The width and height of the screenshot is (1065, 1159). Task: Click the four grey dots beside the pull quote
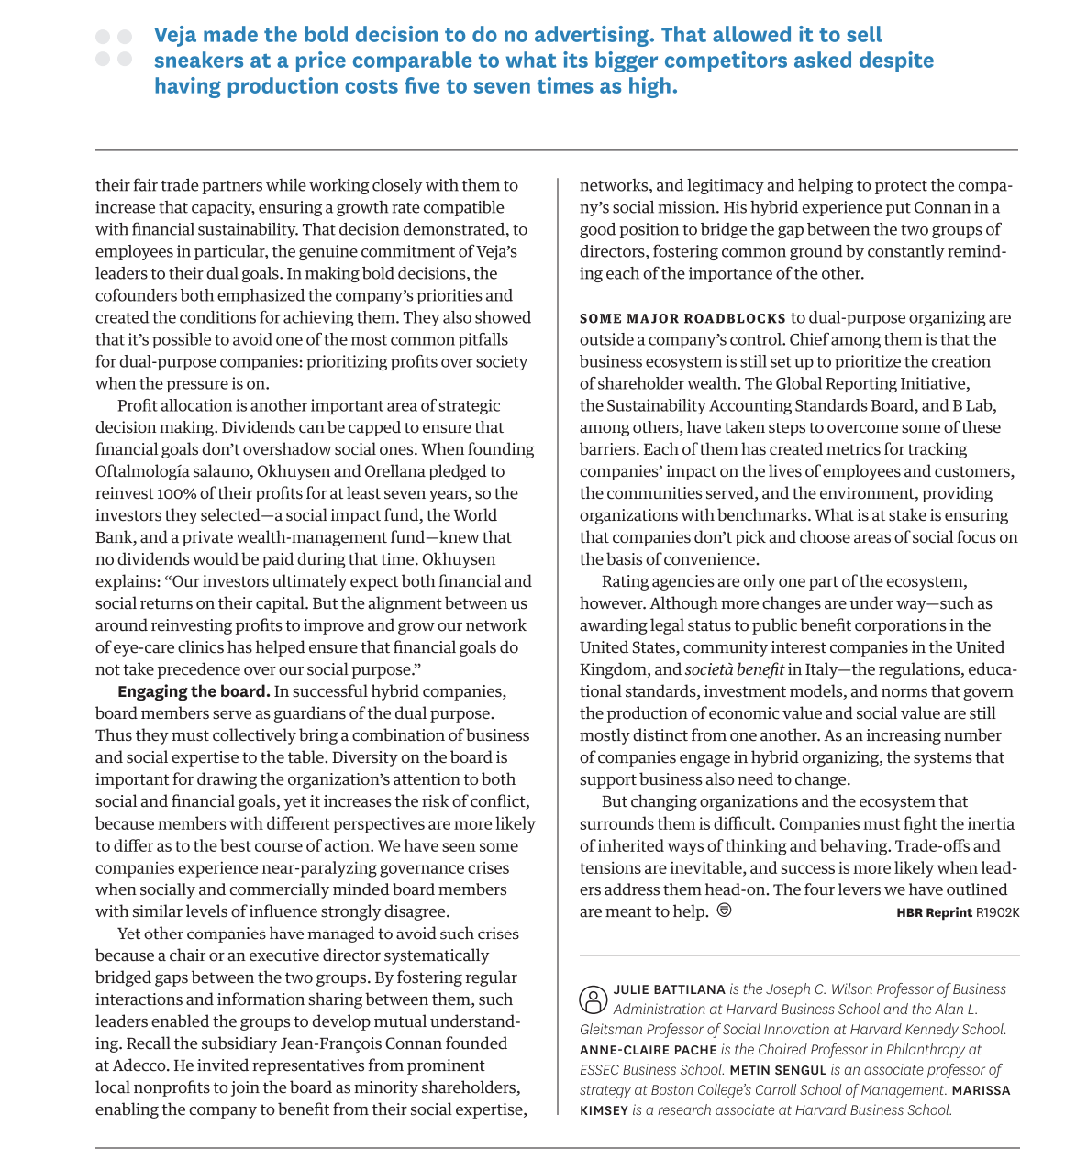(114, 48)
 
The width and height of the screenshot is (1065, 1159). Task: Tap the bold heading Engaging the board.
(194, 691)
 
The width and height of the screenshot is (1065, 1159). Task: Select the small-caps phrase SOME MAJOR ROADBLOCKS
(682, 318)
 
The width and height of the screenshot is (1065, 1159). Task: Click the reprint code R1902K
(997, 912)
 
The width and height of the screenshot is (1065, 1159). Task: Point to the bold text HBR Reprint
(934, 912)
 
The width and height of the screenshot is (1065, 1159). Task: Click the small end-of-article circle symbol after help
(724, 911)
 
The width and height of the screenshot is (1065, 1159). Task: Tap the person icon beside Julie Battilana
(593, 999)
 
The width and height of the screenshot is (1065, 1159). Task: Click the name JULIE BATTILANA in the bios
(669, 989)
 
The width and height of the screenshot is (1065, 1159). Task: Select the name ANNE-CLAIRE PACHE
(648, 1050)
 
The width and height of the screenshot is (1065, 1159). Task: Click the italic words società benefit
(734, 669)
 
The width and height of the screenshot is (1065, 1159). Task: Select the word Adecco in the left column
(140, 1065)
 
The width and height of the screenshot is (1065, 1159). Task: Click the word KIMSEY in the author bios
(604, 1110)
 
